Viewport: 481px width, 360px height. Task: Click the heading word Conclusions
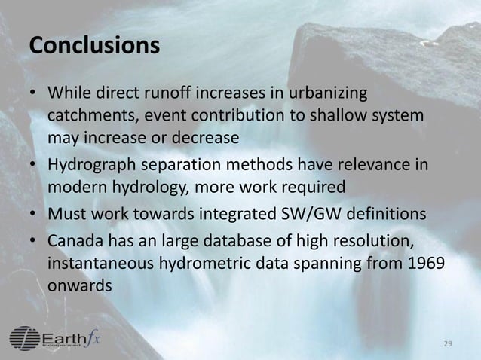pyautogui.click(x=94, y=45)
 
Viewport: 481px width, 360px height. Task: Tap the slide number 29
pyautogui.click(x=448, y=343)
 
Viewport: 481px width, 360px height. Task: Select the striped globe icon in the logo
pyautogui.click(x=25, y=337)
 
